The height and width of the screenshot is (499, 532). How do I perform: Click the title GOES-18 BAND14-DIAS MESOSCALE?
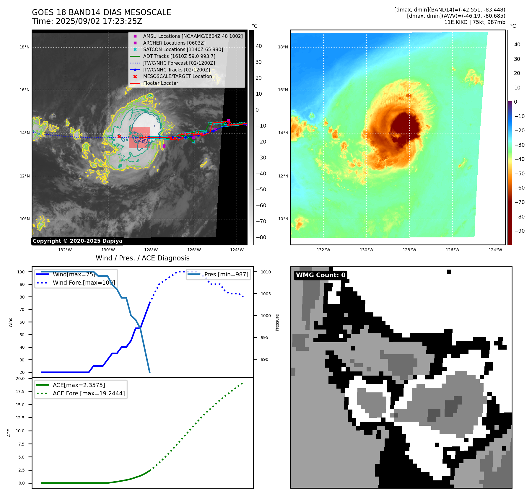[101, 12]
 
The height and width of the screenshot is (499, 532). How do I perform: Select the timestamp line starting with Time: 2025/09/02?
[87, 21]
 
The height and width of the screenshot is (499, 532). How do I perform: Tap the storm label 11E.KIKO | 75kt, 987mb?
[474, 22]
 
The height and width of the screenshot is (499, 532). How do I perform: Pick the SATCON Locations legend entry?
[183, 49]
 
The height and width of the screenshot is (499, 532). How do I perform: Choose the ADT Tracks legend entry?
[179, 56]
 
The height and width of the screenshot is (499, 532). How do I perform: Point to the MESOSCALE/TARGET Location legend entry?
[177, 76]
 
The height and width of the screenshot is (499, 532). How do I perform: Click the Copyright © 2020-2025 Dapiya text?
[77, 241]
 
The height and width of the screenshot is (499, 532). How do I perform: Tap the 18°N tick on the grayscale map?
[25, 47]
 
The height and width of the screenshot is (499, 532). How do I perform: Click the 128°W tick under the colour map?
[409, 250]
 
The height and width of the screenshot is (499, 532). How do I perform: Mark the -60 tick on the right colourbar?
[519, 188]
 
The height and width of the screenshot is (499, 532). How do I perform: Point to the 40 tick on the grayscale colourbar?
[259, 46]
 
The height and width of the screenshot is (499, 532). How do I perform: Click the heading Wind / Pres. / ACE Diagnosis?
[143, 258]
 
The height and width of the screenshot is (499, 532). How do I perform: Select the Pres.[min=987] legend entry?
[226, 274]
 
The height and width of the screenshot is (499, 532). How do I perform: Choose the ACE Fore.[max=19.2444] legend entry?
[89, 393]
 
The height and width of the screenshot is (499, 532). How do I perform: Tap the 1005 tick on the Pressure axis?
[266, 294]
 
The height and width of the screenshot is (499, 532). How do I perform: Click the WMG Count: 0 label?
[320, 275]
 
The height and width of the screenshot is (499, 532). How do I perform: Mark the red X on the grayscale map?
[119, 136]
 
